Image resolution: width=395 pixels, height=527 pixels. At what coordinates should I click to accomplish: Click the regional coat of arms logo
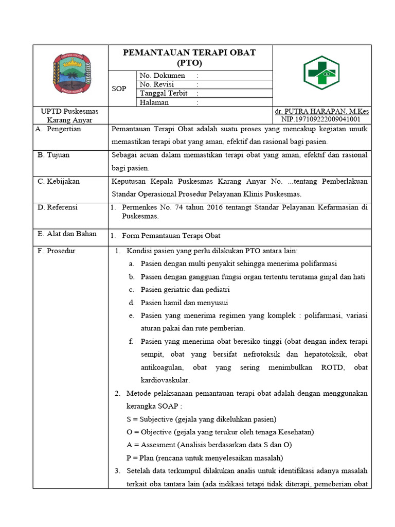tap(71, 75)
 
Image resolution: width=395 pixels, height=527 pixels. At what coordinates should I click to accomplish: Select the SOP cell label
tap(119, 89)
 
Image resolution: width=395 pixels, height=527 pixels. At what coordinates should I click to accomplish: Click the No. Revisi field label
tap(157, 84)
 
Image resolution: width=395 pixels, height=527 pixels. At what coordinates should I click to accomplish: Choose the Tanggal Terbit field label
tap(164, 93)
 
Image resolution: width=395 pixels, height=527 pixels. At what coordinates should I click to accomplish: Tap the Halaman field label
tap(154, 102)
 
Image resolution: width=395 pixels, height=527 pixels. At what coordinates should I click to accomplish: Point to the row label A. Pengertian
tap(60, 129)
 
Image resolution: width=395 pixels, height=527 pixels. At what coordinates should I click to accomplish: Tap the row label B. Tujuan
tap(53, 154)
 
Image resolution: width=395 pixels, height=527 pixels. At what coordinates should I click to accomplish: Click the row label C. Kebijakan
tap(59, 181)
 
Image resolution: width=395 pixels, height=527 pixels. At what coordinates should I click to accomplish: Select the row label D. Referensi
tap(58, 207)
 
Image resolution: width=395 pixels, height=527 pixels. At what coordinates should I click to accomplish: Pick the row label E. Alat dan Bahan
tap(67, 234)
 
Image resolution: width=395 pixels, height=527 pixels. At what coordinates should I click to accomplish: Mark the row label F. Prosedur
tap(57, 251)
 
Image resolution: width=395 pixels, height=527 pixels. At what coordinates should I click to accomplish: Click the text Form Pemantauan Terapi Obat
tap(171, 236)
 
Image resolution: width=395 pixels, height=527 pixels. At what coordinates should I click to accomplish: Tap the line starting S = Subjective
tap(201, 418)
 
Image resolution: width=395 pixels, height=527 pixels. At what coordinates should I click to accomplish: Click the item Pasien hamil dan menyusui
tap(184, 302)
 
